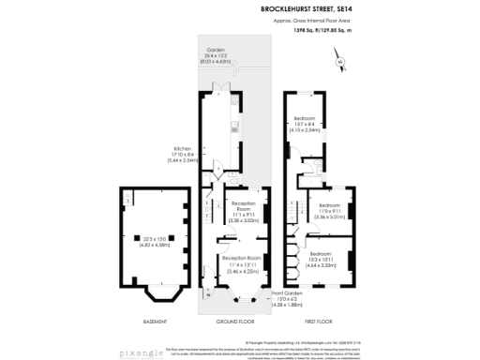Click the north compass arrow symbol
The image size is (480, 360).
[x=340, y=62]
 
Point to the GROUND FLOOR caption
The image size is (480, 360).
[x=233, y=321]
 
